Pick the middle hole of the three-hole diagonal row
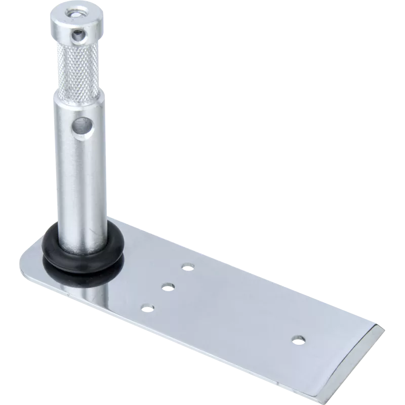(167, 287)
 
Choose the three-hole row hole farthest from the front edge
(188, 266)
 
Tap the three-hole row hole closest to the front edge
(147, 307)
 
